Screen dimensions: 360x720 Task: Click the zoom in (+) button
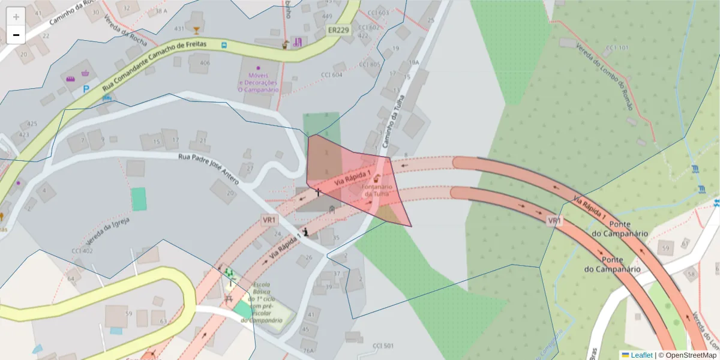[x=16, y=17]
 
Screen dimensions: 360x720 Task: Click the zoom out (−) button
[x=16, y=35]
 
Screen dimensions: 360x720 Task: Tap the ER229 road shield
[x=338, y=30]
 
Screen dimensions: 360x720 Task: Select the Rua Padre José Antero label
[x=208, y=168]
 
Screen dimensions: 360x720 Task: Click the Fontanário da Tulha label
[x=377, y=190]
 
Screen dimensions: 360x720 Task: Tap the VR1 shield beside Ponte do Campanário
[x=554, y=221]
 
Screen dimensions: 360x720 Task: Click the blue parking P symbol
[x=86, y=89]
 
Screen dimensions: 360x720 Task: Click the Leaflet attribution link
[x=641, y=355]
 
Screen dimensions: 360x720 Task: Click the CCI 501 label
[x=383, y=346]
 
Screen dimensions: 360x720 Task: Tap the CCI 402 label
[x=82, y=251]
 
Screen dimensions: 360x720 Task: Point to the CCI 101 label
[x=617, y=48]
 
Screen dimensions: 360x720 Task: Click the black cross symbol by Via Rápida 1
[x=318, y=192]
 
